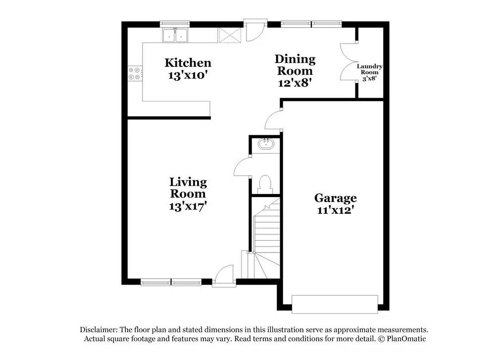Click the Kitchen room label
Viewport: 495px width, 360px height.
pos(188,63)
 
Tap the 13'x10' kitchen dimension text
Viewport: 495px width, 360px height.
pos(188,75)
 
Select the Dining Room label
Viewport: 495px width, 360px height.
pos(295,65)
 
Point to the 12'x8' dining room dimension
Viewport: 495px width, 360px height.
pos(295,83)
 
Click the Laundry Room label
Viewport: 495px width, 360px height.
pos(370,69)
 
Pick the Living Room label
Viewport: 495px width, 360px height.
pos(188,188)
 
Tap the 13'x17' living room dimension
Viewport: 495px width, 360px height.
pos(188,206)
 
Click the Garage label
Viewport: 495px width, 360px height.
pos(335,198)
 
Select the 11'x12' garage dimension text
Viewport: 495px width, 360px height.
pos(335,210)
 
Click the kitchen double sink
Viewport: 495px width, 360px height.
pos(175,35)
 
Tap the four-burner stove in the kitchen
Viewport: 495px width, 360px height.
pos(134,74)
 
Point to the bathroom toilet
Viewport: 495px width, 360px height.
pos(265,183)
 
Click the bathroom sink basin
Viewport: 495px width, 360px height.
pos(266,144)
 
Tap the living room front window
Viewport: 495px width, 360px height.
pos(171,283)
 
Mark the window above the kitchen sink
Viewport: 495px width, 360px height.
pos(175,23)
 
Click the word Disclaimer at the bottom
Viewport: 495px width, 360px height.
pos(98,329)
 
